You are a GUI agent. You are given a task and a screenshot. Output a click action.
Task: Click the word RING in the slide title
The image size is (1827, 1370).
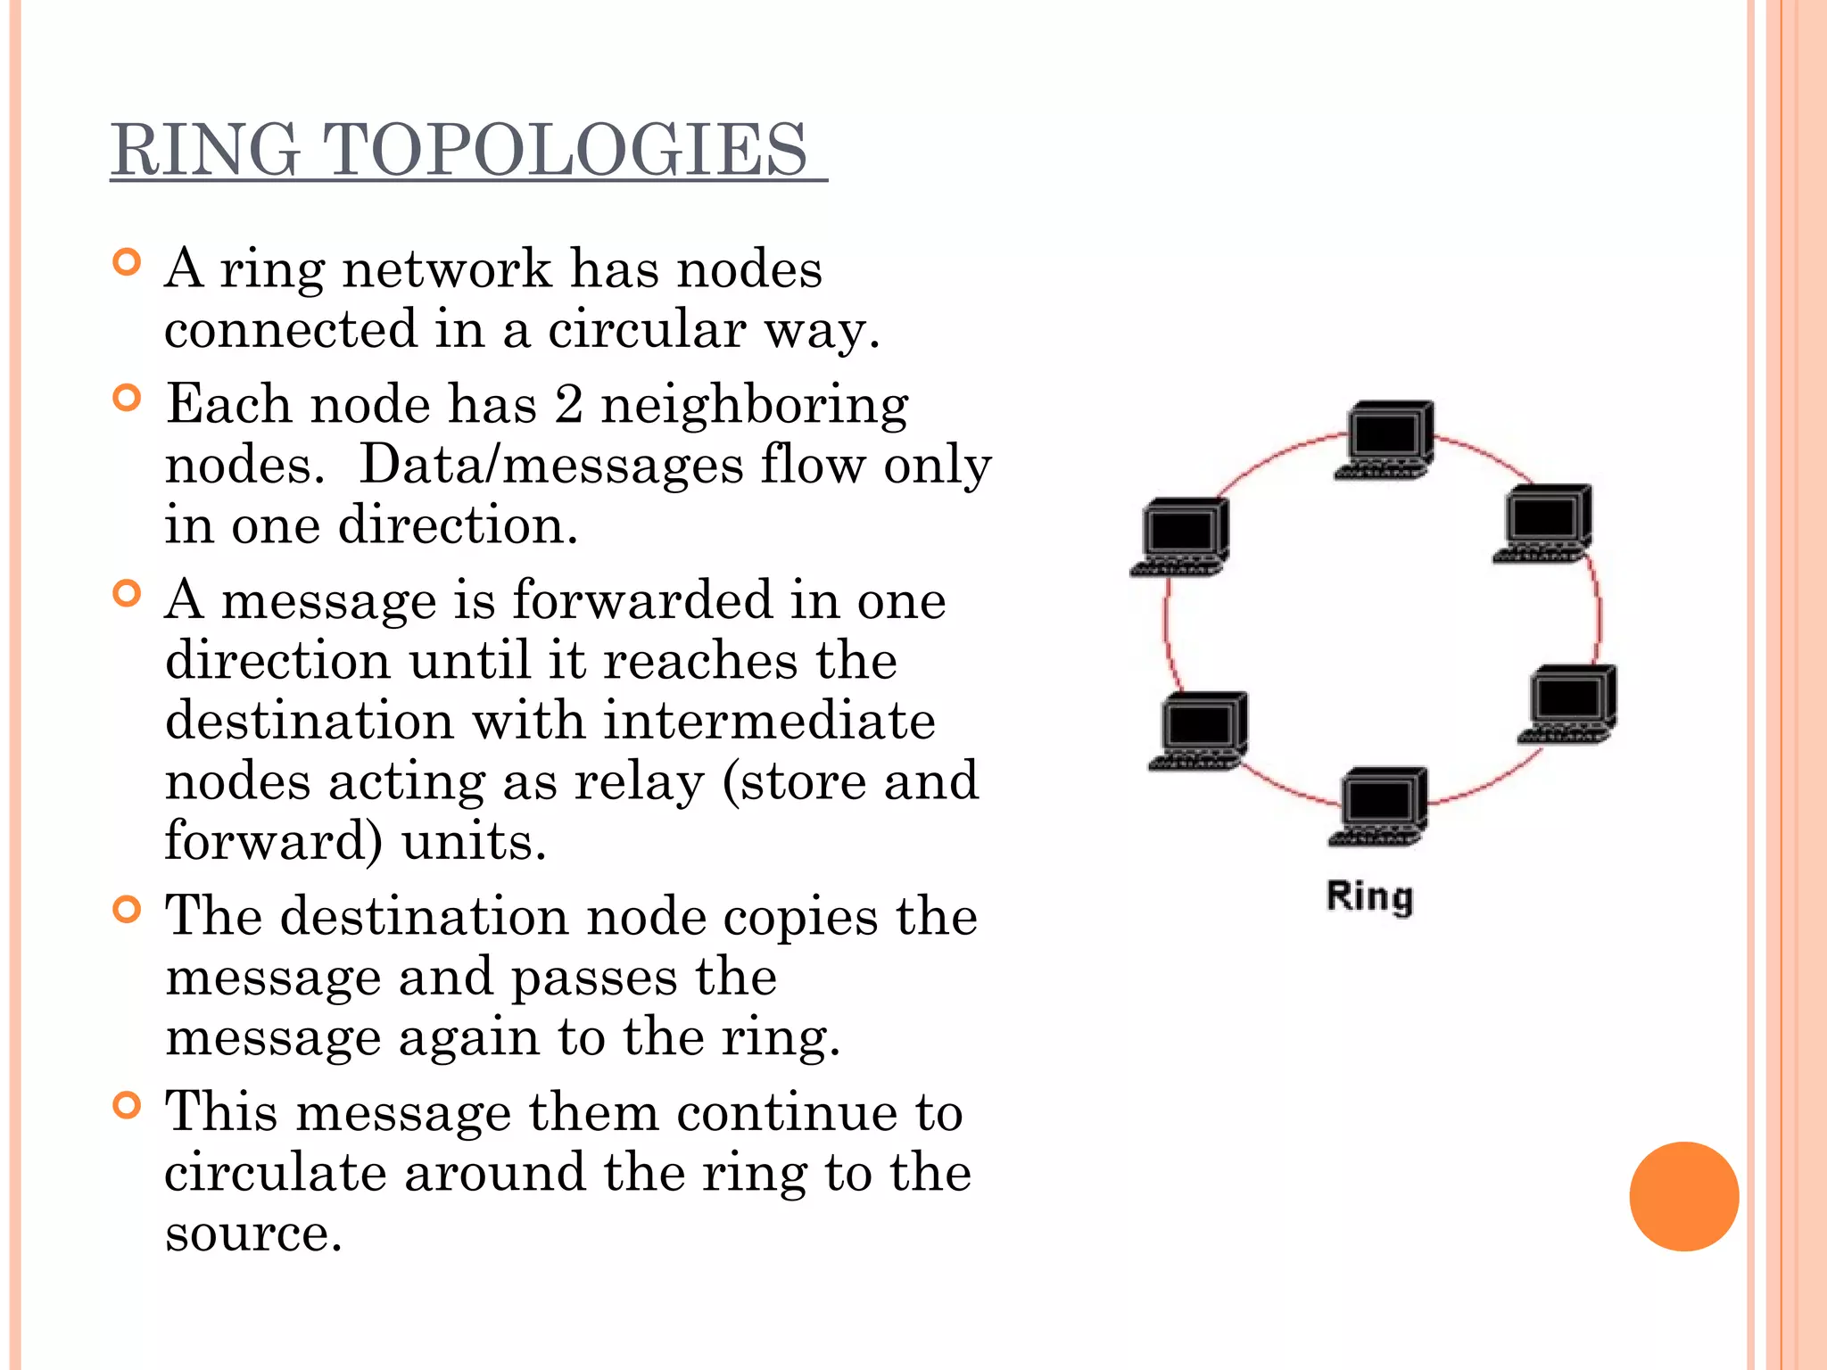(x=205, y=149)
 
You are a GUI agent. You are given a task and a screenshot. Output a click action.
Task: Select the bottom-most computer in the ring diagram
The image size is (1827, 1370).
(x=1379, y=806)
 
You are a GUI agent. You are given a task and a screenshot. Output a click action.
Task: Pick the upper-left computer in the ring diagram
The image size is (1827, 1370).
(x=1181, y=537)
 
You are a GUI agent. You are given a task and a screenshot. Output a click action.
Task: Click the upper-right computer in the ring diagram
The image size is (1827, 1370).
(x=1544, y=524)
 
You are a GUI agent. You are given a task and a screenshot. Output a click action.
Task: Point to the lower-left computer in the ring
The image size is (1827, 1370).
(x=1199, y=730)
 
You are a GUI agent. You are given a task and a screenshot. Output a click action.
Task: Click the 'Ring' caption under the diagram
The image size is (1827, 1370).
(x=1369, y=896)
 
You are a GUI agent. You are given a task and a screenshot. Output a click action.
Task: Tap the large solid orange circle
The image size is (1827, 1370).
(x=1683, y=1196)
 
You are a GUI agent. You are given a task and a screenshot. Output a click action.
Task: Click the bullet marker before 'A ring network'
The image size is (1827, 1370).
(x=128, y=262)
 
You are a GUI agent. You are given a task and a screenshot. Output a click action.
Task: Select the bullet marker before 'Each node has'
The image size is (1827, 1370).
(x=128, y=398)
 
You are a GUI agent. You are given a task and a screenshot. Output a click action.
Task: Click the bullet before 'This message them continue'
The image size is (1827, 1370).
(x=128, y=1106)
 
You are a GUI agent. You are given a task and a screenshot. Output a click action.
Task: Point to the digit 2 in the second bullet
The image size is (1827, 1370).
(x=569, y=404)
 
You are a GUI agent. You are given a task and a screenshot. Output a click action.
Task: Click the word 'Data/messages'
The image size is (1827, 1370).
(x=550, y=465)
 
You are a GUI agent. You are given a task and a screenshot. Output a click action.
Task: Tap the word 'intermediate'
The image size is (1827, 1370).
(x=769, y=721)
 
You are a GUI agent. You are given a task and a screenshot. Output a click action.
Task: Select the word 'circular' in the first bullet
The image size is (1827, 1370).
(x=646, y=329)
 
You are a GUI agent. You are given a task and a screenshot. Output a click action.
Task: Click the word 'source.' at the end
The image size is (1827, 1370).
(x=253, y=1234)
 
